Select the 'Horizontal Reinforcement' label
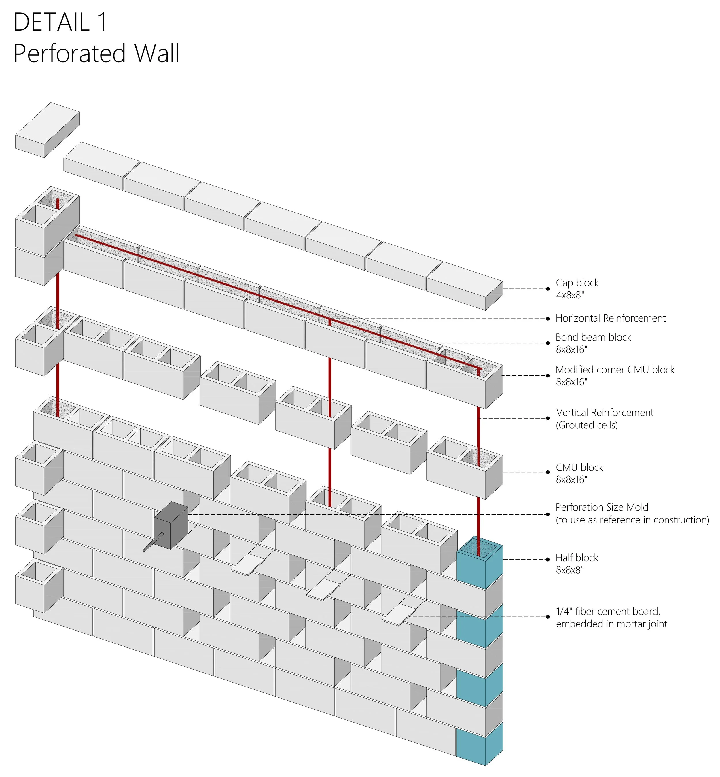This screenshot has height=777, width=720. click(x=611, y=318)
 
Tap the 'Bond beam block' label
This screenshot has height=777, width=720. click(x=593, y=337)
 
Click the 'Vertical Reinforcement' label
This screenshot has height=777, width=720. click(x=605, y=412)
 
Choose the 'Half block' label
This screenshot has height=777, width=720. click(x=577, y=558)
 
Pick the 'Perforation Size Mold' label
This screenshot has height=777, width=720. click(x=602, y=507)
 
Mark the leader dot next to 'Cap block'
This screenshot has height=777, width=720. click(x=547, y=289)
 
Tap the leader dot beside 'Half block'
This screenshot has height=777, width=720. click(x=547, y=559)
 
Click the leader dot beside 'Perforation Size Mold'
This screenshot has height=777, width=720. click(x=547, y=514)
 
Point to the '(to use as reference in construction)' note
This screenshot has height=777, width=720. click(x=632, y=520)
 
